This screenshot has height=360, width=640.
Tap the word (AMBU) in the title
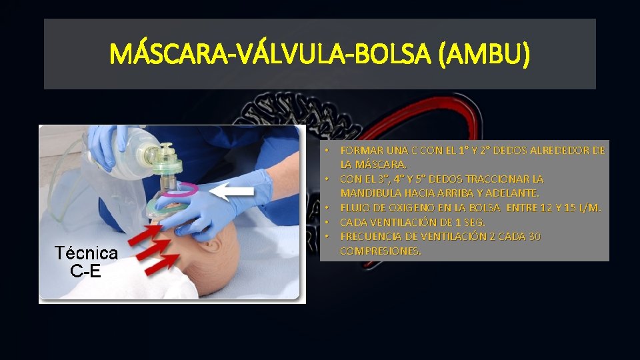click(485, 54)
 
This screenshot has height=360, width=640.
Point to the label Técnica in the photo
click(87, 253)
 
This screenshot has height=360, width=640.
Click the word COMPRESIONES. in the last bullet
click(381, 251)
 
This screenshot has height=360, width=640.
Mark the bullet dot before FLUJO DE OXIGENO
click(328, 208)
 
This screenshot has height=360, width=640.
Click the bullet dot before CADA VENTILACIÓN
click(328, 222)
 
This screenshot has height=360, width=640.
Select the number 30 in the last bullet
click(533, 237)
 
